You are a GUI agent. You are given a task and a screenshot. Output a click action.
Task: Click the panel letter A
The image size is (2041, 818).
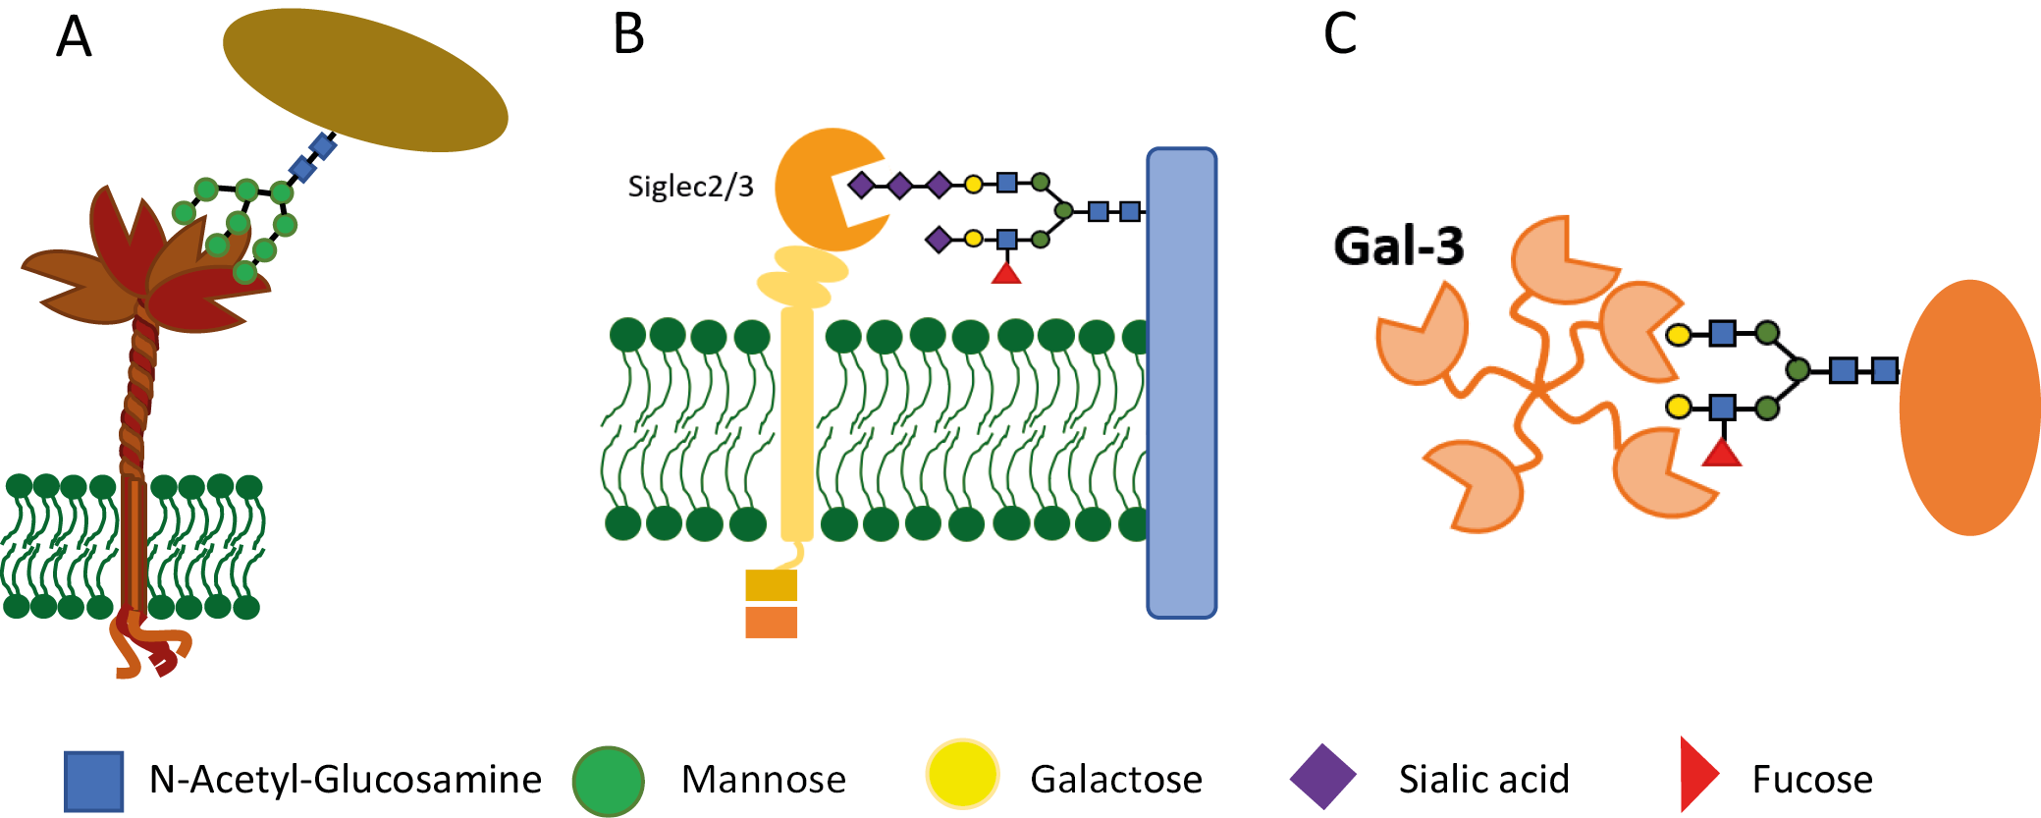pyautogui.click(x=74, y=39)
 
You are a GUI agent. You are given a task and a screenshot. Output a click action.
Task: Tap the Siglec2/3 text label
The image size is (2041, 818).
pyautogui.click(x=690, y=187)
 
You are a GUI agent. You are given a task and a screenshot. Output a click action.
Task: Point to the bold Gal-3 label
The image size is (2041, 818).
pyautogui.click(x=1398, y=245)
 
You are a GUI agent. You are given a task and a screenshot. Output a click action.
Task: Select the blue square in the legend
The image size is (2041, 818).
pyautogui.click(x=94, y=781)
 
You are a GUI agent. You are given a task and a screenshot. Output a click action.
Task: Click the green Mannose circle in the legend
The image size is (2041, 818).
pyautogui.click(x=608, y=781)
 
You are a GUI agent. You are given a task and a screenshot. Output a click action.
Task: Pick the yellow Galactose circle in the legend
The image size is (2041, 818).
pyautogui.click(x=962, y=775)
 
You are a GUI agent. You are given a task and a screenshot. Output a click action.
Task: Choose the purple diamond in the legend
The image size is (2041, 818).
pyautogui.click(x=1322, y=777)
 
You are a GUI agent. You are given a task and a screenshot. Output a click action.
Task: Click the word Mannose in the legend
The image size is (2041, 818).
pyautogui.click(x=764, y=780)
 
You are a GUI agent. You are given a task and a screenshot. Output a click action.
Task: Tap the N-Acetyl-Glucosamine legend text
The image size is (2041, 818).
pyautogui.click(x=345, y=780)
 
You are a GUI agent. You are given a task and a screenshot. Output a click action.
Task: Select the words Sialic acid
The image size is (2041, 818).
pyautogui.click(x=1483, y=780)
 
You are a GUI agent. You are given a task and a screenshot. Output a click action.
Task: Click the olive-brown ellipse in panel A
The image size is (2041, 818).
pyautogui.click(x=365, y=80)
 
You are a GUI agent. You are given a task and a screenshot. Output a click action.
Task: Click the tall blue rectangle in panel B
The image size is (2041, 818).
pyautogui.click(x=1182, y=383)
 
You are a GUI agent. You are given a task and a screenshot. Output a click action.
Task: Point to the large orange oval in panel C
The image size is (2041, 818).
pyautogui.click(x=1969, y=408)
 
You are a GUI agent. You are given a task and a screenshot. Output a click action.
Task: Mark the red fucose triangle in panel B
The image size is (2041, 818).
pyautogui.click(x=1006, y=272)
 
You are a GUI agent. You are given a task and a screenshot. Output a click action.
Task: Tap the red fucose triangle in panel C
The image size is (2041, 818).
pyautogui.click(x=1721, y=454)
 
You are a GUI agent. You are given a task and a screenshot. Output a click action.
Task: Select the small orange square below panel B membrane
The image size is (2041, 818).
pyautogui.click(x=771, y=623)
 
